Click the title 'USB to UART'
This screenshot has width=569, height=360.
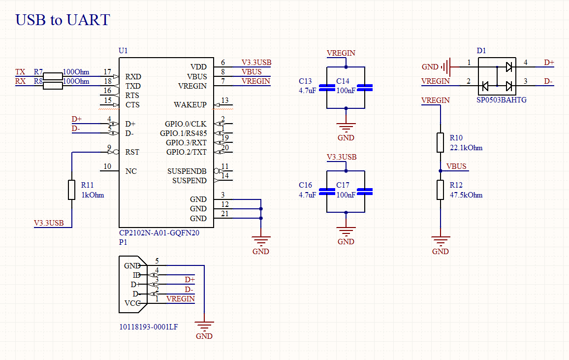tap(63, 20)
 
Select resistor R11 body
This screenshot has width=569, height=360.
tap(72, 190)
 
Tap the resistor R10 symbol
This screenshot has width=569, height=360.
tap(441, 142)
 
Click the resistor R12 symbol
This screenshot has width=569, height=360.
tap(441, 190)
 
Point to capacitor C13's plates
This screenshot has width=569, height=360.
tap(327, 88)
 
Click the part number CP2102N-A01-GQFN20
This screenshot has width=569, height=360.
tap(159, 233)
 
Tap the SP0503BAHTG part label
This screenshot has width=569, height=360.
tap(501, 100)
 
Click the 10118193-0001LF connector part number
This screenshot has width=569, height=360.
tap(148, 327)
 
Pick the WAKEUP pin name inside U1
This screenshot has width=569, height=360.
tap(190, 105)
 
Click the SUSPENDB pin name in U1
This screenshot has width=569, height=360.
tap(187, 171)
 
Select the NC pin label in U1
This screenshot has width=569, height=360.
tap(131, 171)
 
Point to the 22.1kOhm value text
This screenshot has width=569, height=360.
tap(466, 148)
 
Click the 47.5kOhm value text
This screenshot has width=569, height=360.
tap(466, 195)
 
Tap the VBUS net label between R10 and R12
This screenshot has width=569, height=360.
tap(456, 166)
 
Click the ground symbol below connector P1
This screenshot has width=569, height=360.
tap(204, 326)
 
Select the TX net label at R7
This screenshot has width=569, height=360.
tap(20, 72)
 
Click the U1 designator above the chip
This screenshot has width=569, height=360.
tap(123, 51)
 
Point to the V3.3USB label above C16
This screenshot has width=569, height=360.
tap(342, 157)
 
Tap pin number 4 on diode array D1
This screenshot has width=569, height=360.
tap(526, 63)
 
